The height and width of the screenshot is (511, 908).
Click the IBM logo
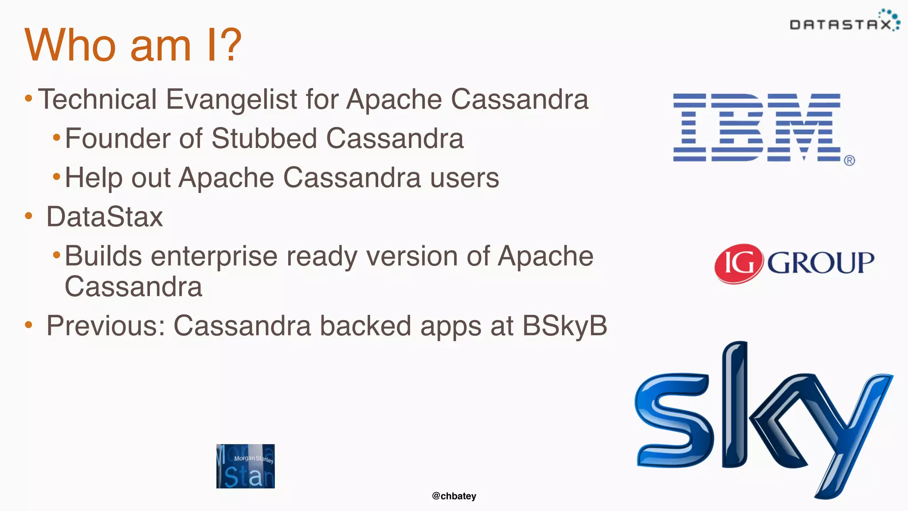tap(756, 127)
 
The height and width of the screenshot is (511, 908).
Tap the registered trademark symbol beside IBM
tap(849, 161)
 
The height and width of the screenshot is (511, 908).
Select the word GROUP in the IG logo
tap(820, 263)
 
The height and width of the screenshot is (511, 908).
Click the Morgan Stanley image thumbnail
tap(245, 466)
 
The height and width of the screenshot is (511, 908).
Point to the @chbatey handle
tap(454, 496)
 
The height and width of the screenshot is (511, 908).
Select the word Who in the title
tap(71, 45)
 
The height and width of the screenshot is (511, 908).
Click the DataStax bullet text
tap(105, 217)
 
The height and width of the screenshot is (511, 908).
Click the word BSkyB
tap(564, 326)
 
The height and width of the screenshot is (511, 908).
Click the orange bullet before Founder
tap(56, 138)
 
